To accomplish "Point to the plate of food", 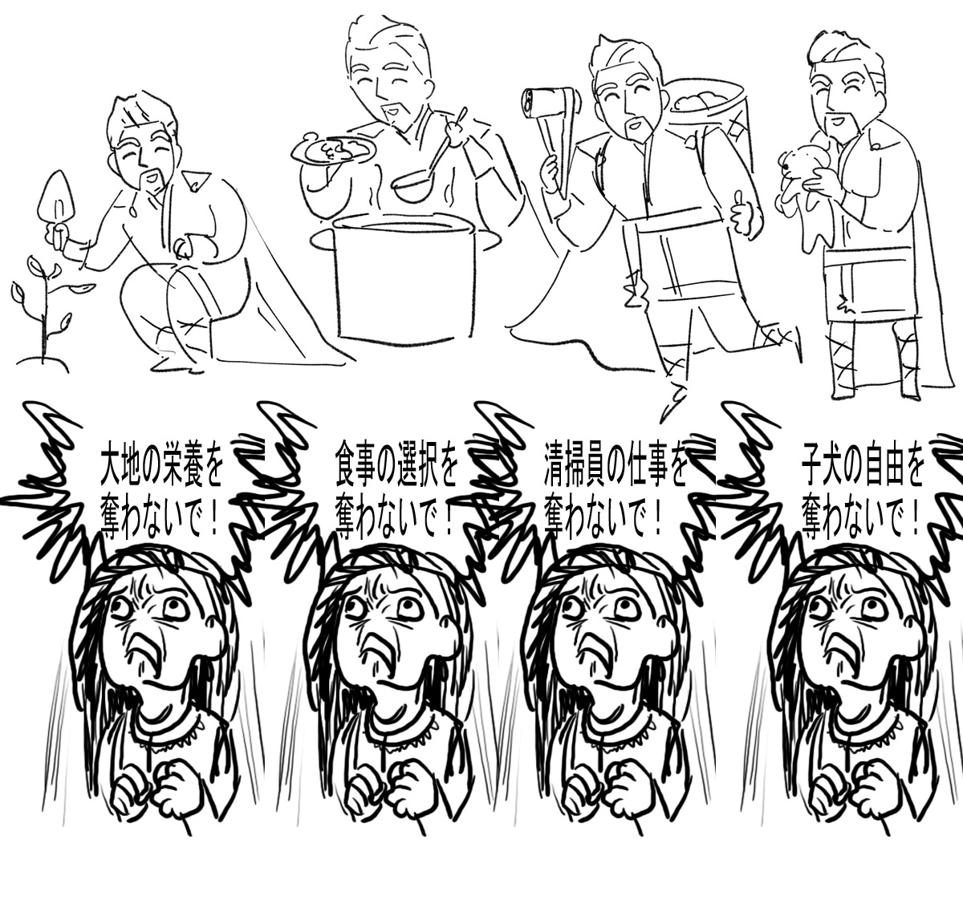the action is point(334,150).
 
